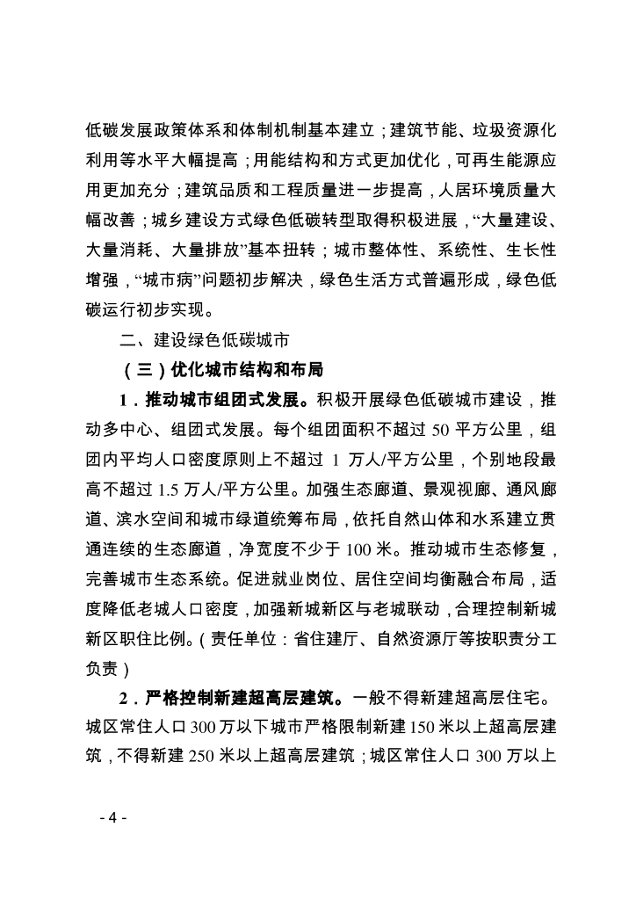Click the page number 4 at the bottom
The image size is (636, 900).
coord(113,817)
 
